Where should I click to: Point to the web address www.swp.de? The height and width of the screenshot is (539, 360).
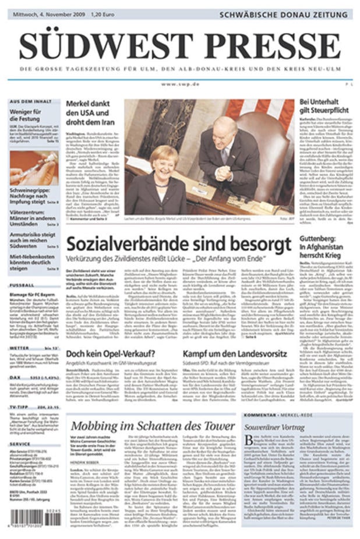(180, 84)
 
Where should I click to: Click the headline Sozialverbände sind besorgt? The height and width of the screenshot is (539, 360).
(178, 244)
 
